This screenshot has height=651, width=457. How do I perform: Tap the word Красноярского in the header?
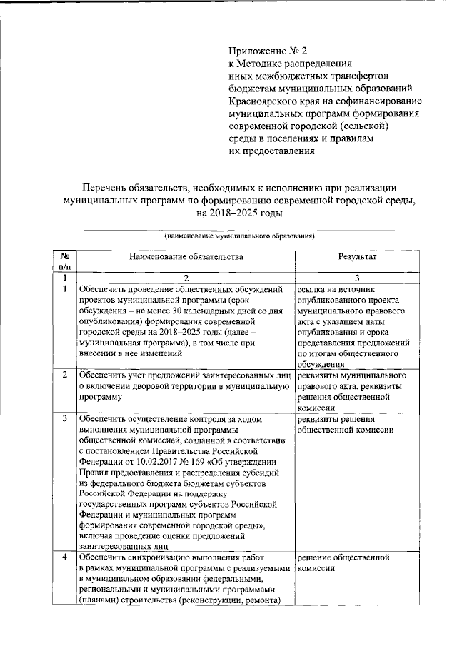pyautogui.click(x=263, y=101)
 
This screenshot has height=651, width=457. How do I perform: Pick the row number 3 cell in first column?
pyautogui.click(x=64, y=418)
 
